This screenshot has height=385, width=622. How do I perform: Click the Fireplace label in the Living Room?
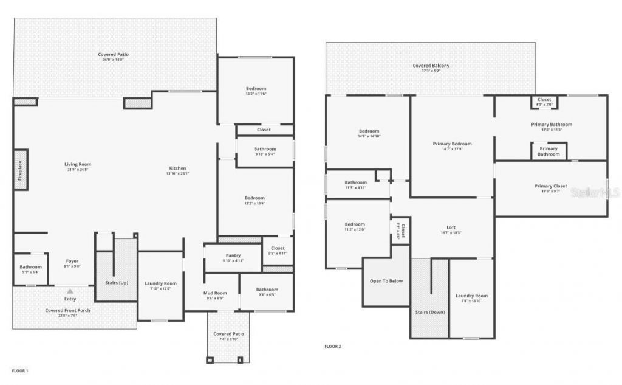click(20, 170)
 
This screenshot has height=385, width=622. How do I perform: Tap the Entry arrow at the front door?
click(70, 292)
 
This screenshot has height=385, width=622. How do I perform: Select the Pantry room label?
click(233, 255)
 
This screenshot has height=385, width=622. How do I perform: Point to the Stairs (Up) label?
click(116, 283)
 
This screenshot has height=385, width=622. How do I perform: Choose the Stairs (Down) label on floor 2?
click(429, 312)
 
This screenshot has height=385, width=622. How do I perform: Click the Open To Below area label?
click(386, 281)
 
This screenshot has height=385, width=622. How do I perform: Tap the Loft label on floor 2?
click(451, 227)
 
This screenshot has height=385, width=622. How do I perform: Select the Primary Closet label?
click(551, 186)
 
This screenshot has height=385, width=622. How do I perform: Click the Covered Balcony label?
click(431, 66)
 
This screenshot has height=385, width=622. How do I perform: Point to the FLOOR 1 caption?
click(20, 370)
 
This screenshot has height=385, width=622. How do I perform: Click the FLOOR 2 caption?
click(333, 346)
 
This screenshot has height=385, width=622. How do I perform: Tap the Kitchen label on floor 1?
click(177, 168)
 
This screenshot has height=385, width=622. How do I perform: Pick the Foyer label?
click(72, 261)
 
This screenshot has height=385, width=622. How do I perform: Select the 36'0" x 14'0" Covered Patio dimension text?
click(114, 60)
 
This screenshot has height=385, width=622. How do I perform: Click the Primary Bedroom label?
click(452, 144)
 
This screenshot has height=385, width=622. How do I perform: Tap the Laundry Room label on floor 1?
click(160, 283)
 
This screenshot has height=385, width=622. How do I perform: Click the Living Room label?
click(78, 164)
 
